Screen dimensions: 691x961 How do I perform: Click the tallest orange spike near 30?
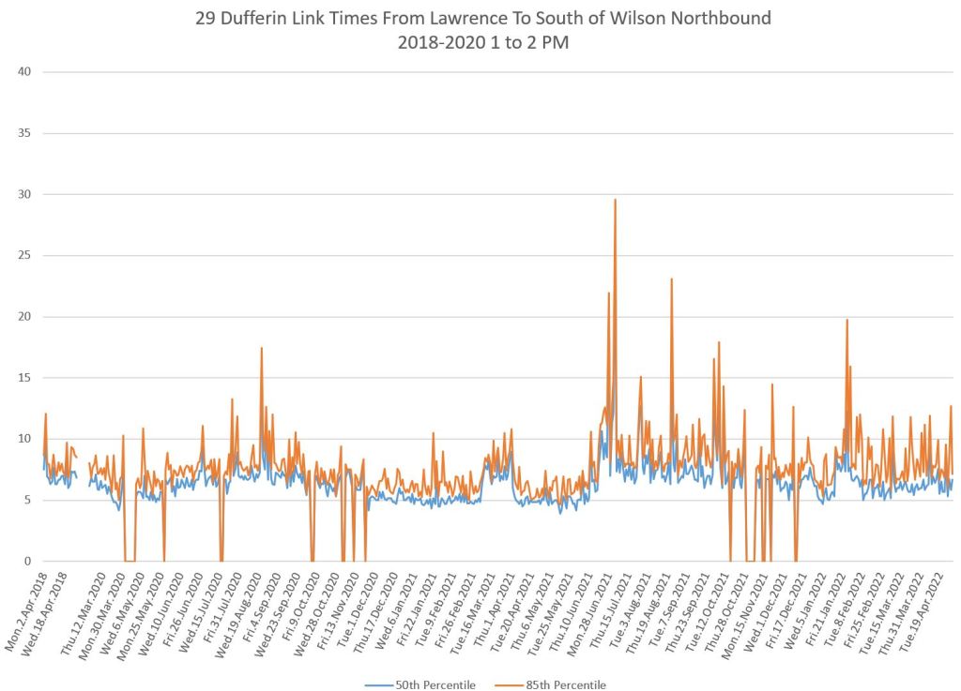[x=615, y=200]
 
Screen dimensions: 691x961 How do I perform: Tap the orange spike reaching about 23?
[x=671, y=279]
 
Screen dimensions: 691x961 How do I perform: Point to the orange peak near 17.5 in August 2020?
[x=261, y=349]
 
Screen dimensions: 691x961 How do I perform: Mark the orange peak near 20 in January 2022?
[x=847, y=321]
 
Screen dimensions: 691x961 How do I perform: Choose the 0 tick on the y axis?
[x=27, y=561]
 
